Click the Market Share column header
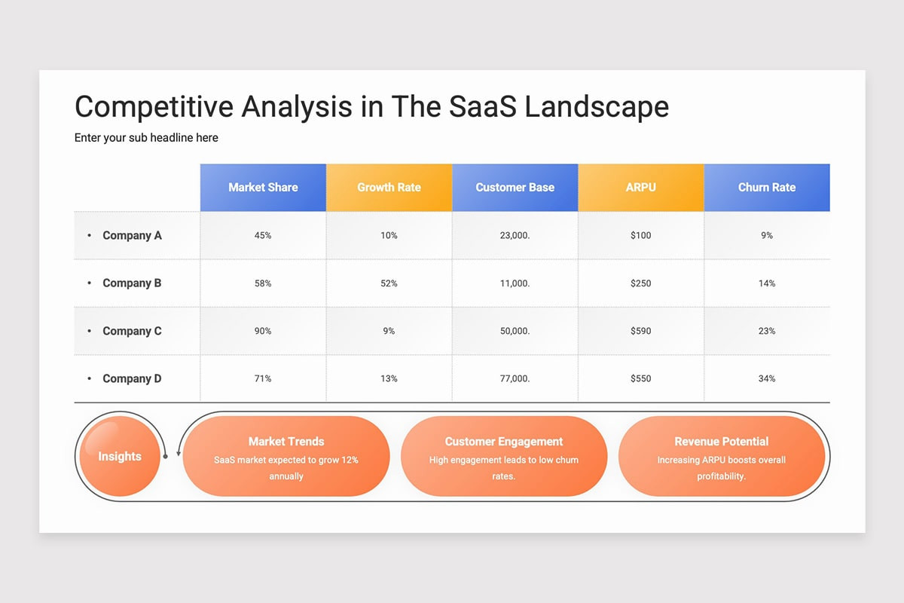click(263, 187)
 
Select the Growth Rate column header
click(389, 187)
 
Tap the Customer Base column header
click(515, 187)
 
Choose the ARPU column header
click(640, 187)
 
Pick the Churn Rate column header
click(767, 187)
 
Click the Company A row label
click(132, 235)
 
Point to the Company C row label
click(132, 331)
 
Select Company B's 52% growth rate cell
click(389, 283)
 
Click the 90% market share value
click(263, 331)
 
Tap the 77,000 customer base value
click(515, 378)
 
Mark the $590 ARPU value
click(640, 331)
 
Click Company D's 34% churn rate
click(767, 378)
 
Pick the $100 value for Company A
click(640, 235)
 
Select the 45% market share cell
click(263, 235)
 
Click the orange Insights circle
click(119, 456)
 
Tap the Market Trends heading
click(286, 442)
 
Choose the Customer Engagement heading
click(504, 442)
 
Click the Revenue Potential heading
click(722, 442)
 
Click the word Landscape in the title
click(597, 107)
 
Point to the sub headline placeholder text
click(146, 138)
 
